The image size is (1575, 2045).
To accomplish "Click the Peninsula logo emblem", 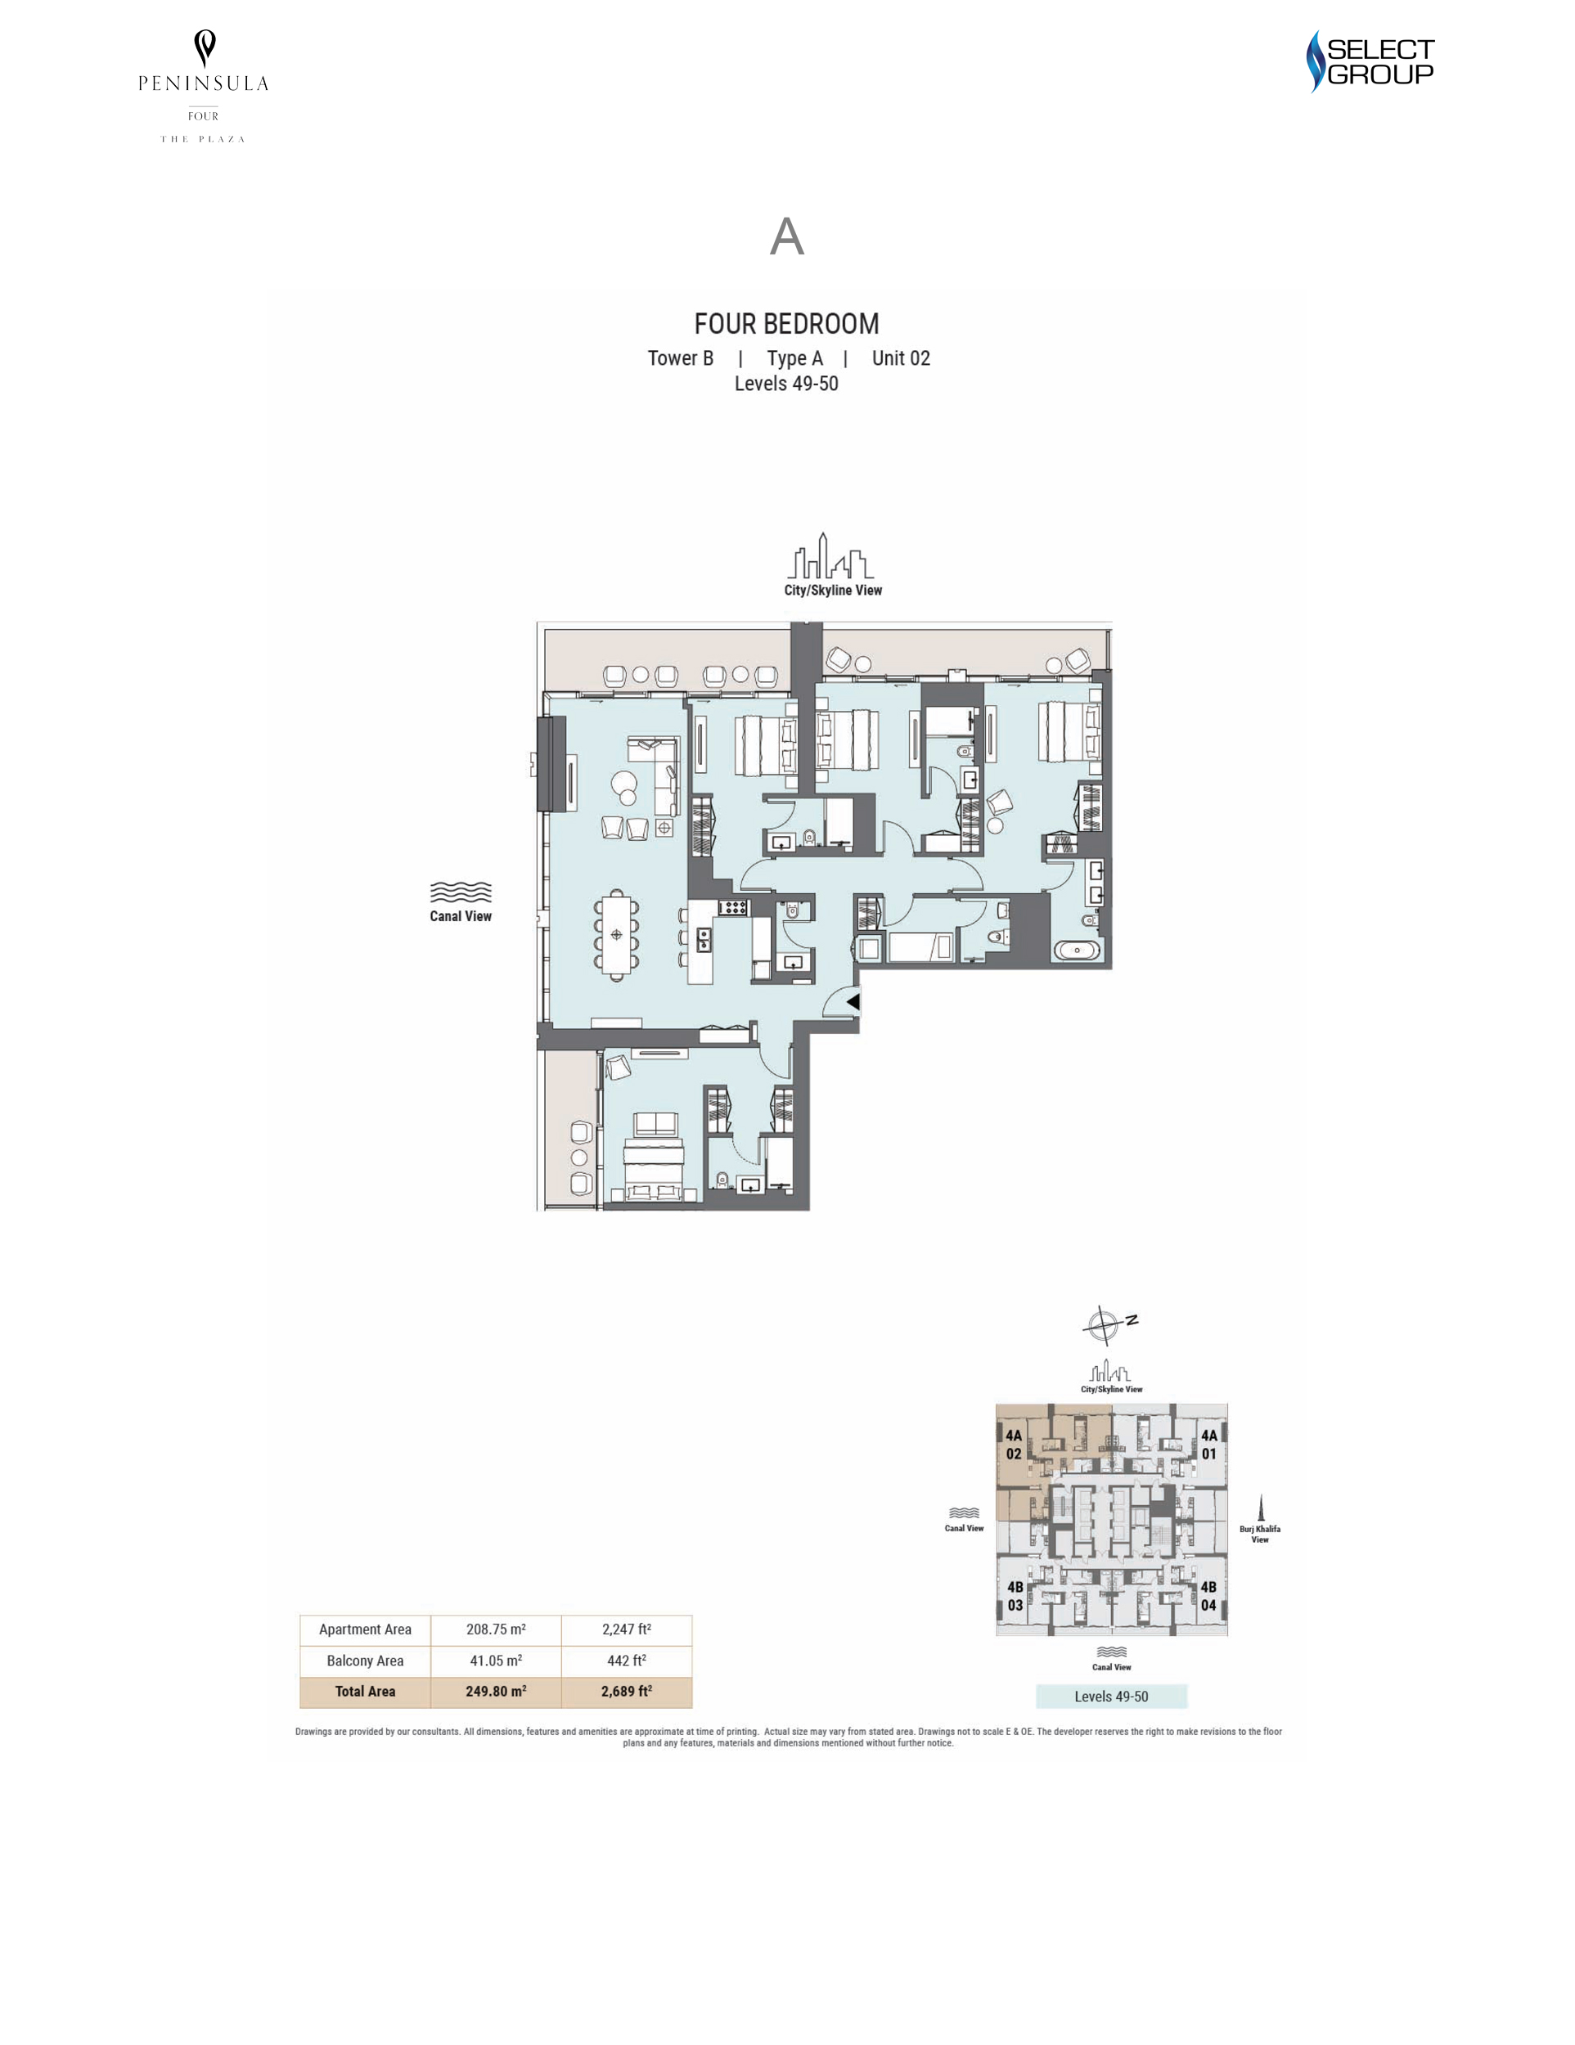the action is [204, 47].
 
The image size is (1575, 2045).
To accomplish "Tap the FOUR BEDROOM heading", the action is [786, 324].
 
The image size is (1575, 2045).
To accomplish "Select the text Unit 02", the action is [901, 358].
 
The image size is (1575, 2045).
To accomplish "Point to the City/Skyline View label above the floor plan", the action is [832, 590].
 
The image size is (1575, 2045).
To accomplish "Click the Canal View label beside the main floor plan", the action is [460, 916].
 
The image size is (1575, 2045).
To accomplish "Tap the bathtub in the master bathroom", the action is [1078, 951].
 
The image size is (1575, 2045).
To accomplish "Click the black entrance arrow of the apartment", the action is [853, 1002].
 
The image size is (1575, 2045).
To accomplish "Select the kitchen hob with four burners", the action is [732, 906].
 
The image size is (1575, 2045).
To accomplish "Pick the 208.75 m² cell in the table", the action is [495, 1629].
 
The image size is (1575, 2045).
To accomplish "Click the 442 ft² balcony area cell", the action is [627, 1661].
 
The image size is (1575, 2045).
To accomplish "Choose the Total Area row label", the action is [365, 1691].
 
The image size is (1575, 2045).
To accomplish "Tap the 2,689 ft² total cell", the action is [627, 1691].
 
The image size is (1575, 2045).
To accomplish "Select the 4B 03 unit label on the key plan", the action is [1015, 1596].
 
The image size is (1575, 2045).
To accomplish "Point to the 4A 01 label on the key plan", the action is [1209, 1445].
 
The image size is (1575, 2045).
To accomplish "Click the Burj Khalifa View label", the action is [1259, 1534].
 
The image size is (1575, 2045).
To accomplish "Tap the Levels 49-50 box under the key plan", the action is [1110, 1697].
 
